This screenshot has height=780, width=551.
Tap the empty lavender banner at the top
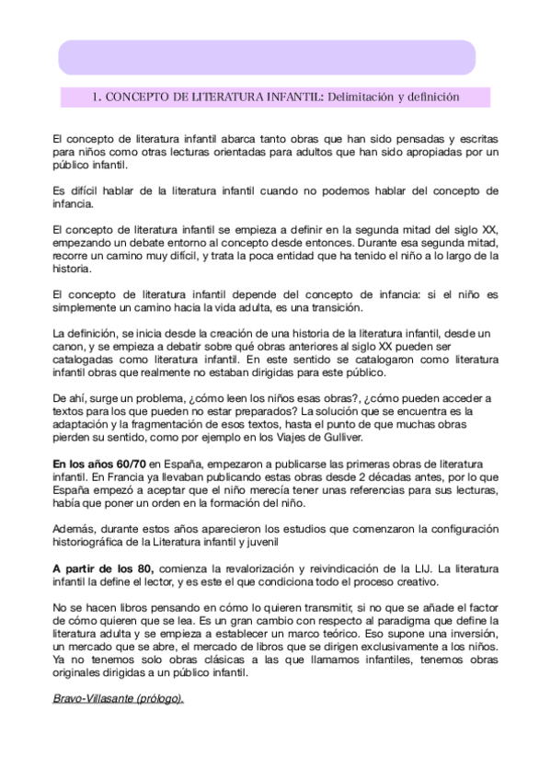click(267, 56)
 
